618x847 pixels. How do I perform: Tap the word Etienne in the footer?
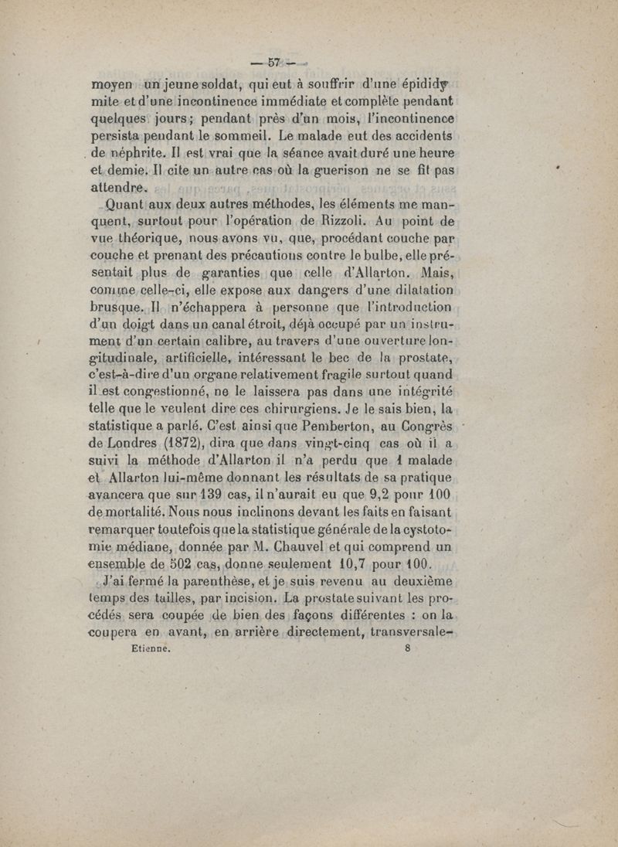pos(146,650)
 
